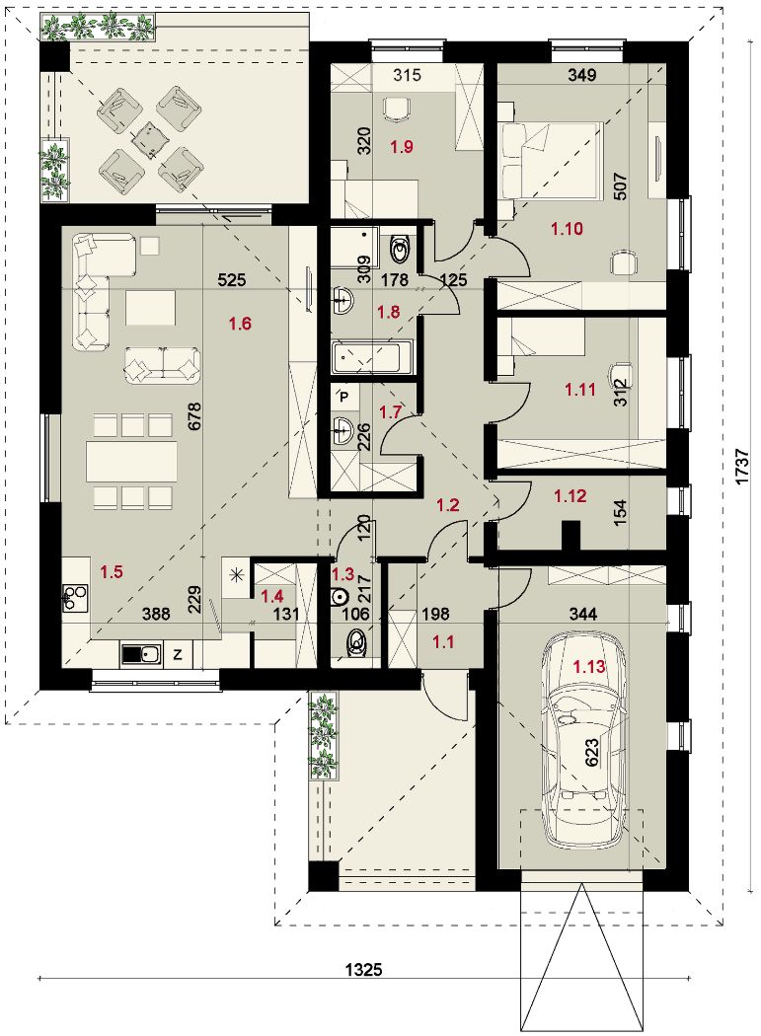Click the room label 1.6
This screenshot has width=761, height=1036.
click(x=240, y=324)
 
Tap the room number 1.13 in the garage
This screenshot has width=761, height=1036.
click(x=589, y=667)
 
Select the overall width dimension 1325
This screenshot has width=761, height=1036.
click(x=364, y=969)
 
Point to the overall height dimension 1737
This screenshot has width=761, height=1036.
click(x=743, y=468)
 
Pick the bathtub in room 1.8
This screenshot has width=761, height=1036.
click(x=373, y=356)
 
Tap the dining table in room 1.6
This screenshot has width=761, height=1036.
click(x=131, y=461)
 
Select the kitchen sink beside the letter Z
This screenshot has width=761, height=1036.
click(x=140, y=654)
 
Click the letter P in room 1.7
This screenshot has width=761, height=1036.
click(x=344, y=397)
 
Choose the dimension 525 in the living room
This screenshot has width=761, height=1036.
click(x=231, y=280)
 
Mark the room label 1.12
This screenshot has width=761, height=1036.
click(x=570, y=495)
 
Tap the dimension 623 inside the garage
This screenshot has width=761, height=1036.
click(x=592, y=753)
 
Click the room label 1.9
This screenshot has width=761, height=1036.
click(x=402, y=146)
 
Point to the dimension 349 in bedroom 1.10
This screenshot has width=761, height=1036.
click(x=581, y=75)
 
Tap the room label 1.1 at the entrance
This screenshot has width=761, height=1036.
click(x=443, y=640)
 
